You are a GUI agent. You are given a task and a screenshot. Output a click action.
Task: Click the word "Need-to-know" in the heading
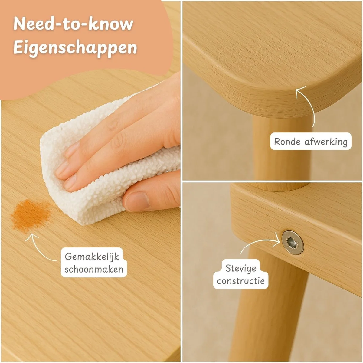click(73, 24)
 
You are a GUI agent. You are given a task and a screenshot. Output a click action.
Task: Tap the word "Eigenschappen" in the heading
click(75, 48)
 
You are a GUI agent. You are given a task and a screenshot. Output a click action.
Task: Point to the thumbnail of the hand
click(138, 201)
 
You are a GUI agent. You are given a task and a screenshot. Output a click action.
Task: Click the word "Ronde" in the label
click(287, 142)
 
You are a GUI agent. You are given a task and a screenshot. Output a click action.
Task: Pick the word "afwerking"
click(326, 142)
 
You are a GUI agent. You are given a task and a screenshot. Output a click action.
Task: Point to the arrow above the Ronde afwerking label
click(311, 106)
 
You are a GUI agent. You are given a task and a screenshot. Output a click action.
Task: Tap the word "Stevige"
click(241, 269)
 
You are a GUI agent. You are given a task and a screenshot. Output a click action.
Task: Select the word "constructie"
click(241, 281)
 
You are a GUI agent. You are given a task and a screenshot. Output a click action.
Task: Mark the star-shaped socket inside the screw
click(291, 241)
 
